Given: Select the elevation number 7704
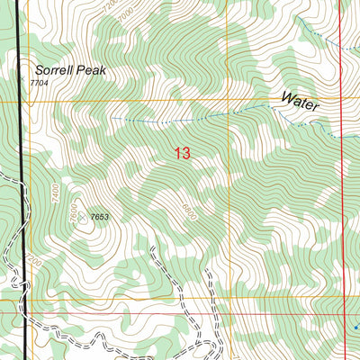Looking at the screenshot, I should click(x=38, y=83).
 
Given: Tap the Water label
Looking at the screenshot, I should click(x=300, y=101).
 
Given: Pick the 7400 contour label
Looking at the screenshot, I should click(x=55, y=193).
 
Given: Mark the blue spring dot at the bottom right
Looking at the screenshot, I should click(x=355, y=327).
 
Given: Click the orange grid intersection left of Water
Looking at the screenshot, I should click(x=228, y=100).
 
